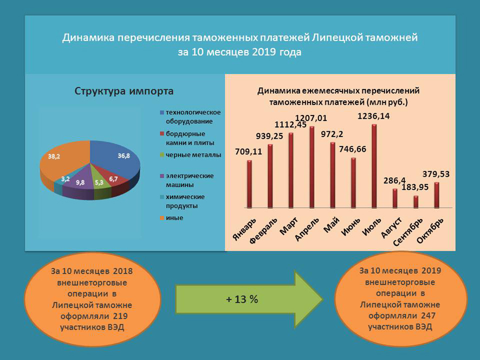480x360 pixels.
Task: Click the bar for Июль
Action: click(374, 166)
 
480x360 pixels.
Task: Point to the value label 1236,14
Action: click(374, 116)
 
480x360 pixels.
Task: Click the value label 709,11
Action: click(249, 151)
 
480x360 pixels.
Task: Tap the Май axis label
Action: click(331, 223)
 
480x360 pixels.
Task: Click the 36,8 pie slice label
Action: click(124, 156)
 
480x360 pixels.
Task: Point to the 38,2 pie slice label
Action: click(54, 156)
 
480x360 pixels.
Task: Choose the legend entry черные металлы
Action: click(192, 155)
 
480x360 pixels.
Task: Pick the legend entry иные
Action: click(174, 218)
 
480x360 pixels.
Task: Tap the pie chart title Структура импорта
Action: click(124, 91)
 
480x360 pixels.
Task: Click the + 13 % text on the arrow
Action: click(242, 299)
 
